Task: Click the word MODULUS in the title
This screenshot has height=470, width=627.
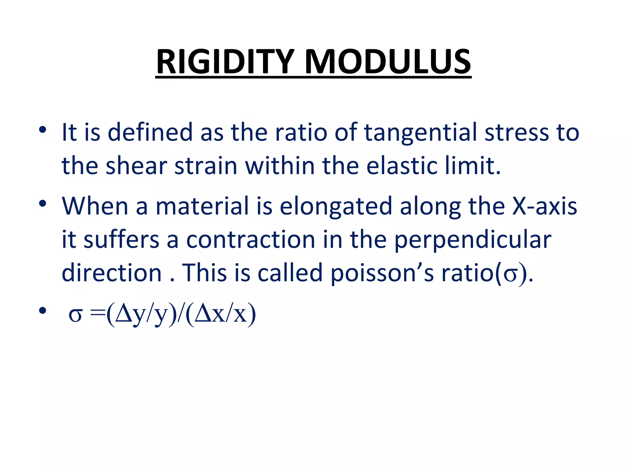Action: (388, 62)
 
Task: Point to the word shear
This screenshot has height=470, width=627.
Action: (136, 166)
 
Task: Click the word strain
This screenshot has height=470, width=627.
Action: (206, 166)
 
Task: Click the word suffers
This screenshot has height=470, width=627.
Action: (121, 240)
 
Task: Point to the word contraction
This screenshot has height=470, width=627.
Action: (251, 240)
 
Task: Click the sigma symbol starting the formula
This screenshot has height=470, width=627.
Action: (75, 315)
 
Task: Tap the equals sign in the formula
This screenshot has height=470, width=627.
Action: (97, 313)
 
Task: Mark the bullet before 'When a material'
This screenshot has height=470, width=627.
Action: (43, 203)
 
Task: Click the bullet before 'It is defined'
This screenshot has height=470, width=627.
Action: (43, 130)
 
